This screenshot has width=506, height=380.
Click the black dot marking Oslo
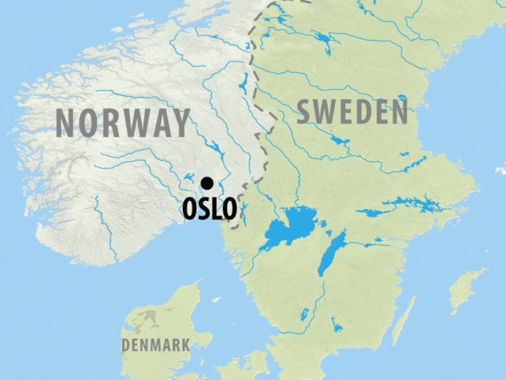207,184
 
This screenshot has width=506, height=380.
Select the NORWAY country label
123,123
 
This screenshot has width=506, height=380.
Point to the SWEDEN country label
353,112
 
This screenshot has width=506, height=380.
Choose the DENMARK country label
156,345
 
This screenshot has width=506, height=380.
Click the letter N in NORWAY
68,123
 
